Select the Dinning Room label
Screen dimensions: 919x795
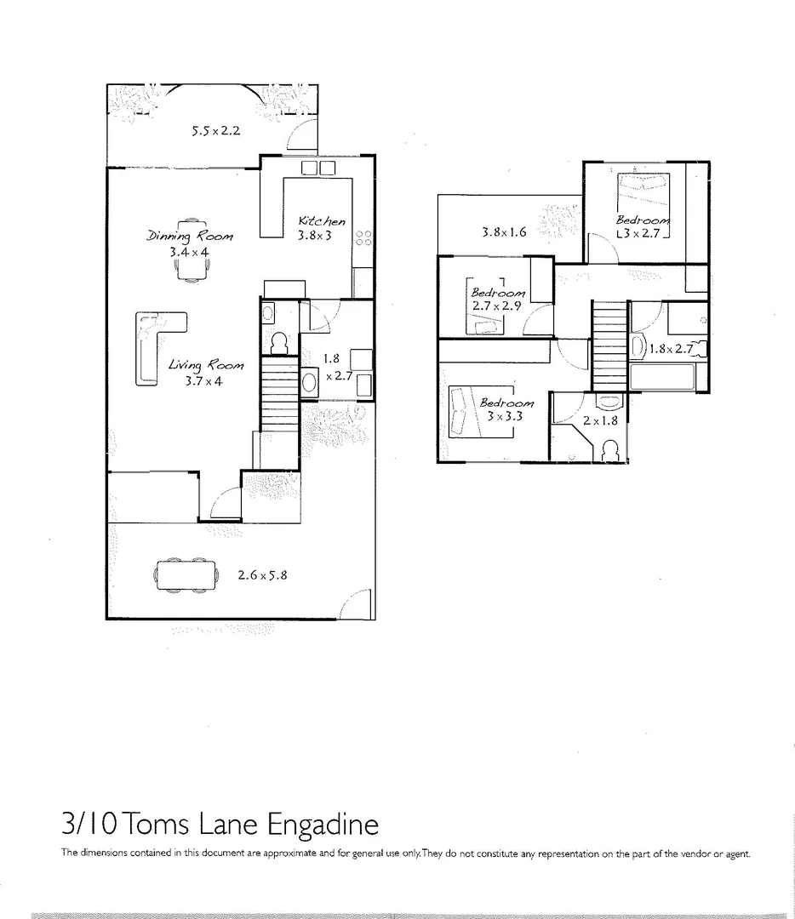(189, 236)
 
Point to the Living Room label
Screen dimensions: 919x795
(205, 365)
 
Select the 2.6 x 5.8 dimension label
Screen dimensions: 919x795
(262, 574)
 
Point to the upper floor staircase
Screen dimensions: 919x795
(609, 345)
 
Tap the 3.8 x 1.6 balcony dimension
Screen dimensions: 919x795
(505, 231)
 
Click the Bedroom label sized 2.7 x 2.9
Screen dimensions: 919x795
(498, 292)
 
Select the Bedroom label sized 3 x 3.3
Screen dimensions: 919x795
(506, 402)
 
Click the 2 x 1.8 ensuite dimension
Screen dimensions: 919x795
(599, 420)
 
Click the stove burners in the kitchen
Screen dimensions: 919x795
(363, 238)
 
